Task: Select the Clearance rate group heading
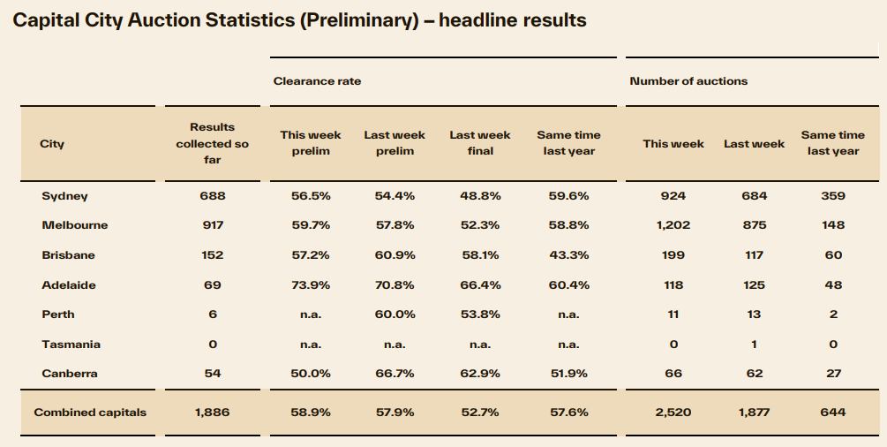317,81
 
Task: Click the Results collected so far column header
212,143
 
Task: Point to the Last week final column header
480,143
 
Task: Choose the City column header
52,143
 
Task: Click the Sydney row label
64,195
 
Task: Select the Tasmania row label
71,344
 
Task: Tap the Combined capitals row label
90,413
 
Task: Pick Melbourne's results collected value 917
212,225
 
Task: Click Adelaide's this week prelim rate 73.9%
310,285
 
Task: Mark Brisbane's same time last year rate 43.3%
568,255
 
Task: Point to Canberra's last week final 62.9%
480,374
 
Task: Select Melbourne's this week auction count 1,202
673,225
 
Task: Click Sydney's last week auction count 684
754,195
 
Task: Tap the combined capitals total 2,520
673,413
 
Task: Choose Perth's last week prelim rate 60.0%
395,314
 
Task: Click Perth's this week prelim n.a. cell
310,314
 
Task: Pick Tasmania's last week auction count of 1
754,344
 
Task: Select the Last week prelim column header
395,143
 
